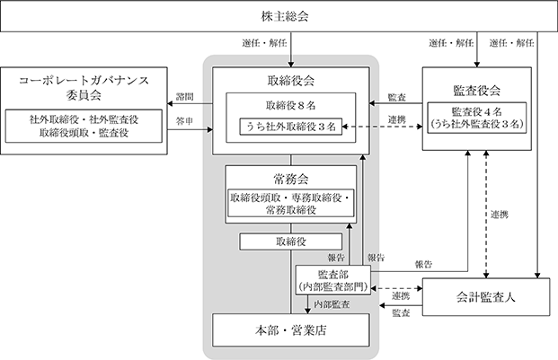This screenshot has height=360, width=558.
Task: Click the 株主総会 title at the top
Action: [285, 16]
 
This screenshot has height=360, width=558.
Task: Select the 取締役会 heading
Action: [291, 81]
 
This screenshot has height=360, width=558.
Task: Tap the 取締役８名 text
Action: [291, 105]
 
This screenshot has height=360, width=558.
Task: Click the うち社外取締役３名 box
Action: [291, 127]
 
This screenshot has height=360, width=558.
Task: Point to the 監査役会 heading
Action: [477, 91]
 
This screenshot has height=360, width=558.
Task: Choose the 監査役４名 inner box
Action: [477, 118]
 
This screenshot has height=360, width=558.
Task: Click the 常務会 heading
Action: [291, 179]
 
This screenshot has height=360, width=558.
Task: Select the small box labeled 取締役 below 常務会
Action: [291, 241]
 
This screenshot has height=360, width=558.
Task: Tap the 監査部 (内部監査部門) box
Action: [333, 280]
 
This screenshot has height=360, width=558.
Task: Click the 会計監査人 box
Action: [486, 297]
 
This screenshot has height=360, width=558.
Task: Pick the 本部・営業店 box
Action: [291, 330]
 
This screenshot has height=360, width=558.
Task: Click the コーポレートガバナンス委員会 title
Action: [84, 87]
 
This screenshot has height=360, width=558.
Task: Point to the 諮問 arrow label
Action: [185, 97]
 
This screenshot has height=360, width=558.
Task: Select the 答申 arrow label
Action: [185, 121]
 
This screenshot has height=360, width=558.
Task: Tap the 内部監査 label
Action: [332, 304]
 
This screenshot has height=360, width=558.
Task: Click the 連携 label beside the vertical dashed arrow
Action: [500, 215]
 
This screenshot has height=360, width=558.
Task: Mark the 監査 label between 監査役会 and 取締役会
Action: [397, 97]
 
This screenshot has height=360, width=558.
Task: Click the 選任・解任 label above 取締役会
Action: [264, 43]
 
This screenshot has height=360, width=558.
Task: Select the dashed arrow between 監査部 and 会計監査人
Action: [396, 288]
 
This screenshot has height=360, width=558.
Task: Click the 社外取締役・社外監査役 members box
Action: [84, 127]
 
